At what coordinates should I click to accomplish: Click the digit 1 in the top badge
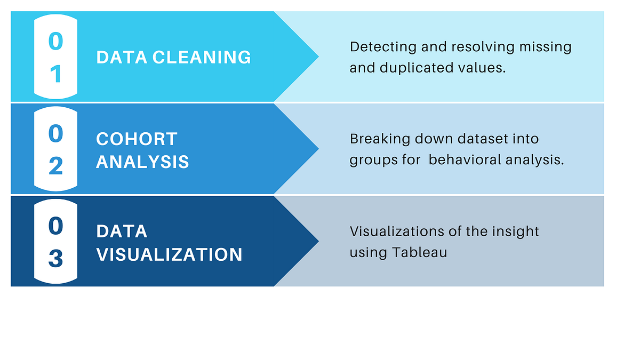pos(55,75)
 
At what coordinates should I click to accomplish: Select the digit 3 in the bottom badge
pos(55,259)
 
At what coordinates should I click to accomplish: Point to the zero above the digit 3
pos(55,226)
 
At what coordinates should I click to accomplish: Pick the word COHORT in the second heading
pos(137,139)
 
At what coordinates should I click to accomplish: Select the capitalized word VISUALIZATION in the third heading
pos(169,254)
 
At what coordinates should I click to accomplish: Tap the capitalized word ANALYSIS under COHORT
pos(142,162)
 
